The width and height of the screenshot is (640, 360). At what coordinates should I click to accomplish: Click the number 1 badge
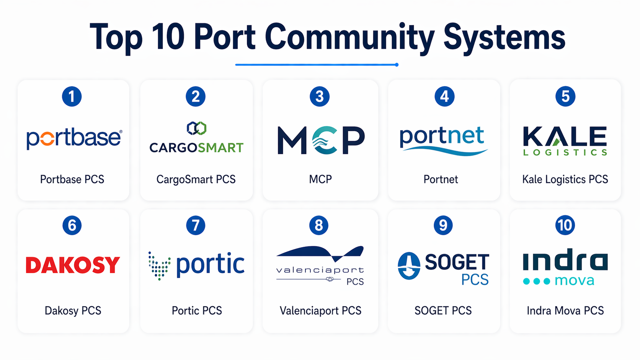[x=72, y=96]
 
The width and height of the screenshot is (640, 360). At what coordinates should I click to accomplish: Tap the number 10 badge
[x=565, y=225]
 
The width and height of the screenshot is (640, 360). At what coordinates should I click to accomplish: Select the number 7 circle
[x=196, y=225]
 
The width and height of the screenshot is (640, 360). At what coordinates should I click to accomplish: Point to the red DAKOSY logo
[x=73, y=265]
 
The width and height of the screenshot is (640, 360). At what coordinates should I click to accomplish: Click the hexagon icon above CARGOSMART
[x=196, y=129]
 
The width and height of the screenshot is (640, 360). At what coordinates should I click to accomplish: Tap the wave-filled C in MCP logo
[x=325, y=140]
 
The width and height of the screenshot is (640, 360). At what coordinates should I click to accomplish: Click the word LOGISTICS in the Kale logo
[x=565, y=153]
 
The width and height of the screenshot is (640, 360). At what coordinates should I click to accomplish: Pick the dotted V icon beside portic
[x=159, y=266]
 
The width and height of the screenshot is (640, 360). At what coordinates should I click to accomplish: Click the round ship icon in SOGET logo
[x=409, y=266]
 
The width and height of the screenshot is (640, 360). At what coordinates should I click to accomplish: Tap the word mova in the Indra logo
[x=574, y=281]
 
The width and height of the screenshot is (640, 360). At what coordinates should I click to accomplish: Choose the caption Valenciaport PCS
[x=320, y=311]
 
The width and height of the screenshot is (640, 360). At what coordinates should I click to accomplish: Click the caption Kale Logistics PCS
[x=565, y=179]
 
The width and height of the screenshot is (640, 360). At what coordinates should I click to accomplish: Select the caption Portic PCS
[x=197, y=311]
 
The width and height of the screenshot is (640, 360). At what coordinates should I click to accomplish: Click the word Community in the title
[x=349, y=37]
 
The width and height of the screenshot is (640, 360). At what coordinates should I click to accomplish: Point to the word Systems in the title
[x=504, y=37]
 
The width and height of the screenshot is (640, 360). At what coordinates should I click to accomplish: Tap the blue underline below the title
[x=317, y=65]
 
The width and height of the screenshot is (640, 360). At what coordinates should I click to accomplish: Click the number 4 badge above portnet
[x=444, y=96]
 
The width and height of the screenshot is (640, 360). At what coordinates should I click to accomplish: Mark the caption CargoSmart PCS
[x=196, y=179]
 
